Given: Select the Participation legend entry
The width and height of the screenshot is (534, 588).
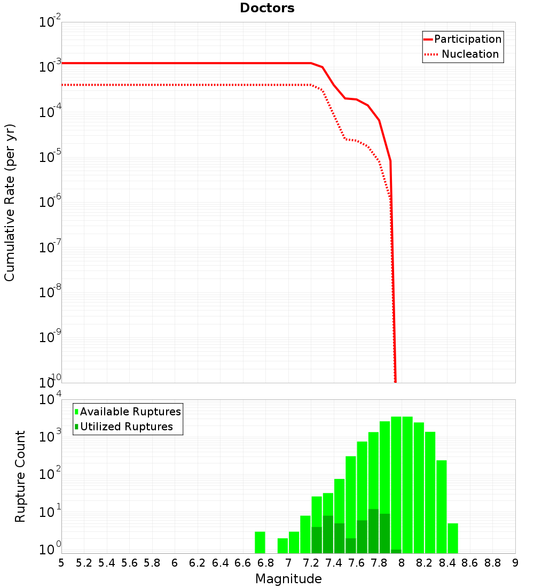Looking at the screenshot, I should click(x=467, y=39).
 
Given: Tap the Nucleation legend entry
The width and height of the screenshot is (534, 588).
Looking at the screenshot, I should click(x=469, y=54).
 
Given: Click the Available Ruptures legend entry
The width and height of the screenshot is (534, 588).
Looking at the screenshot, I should click(x=130, y=412).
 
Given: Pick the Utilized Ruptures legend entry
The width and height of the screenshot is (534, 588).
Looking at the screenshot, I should click(x=126, y=427).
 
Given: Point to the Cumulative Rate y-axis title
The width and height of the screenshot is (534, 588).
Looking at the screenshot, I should click(x=10, y=203).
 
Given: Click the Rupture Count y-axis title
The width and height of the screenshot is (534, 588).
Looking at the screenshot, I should click(x=20, y=476).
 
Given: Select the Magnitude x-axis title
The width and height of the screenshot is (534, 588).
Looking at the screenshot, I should click(x=288, y=579).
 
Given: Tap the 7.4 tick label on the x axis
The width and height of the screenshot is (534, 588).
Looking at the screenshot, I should click(x=334, y=563).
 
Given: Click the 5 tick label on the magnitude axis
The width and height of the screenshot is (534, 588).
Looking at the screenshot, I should click(x=61, y=563).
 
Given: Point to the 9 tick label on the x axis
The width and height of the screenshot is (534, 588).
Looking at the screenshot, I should click(x=515, y=563).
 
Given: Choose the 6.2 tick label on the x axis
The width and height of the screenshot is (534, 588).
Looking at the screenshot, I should click(x=198, y=563).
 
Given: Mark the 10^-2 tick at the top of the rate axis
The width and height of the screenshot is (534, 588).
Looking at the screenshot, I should click(x=50, y=22).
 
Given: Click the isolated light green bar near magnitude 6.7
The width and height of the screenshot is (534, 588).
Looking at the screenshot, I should click(x=260, y=542).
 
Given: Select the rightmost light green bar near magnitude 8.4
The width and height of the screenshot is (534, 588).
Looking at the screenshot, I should click(x=453, y=538).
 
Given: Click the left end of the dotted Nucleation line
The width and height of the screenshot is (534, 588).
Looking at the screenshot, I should click(x=63, y=85).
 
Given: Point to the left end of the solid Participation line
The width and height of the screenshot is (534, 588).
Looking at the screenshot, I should click(x=63, y=63).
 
